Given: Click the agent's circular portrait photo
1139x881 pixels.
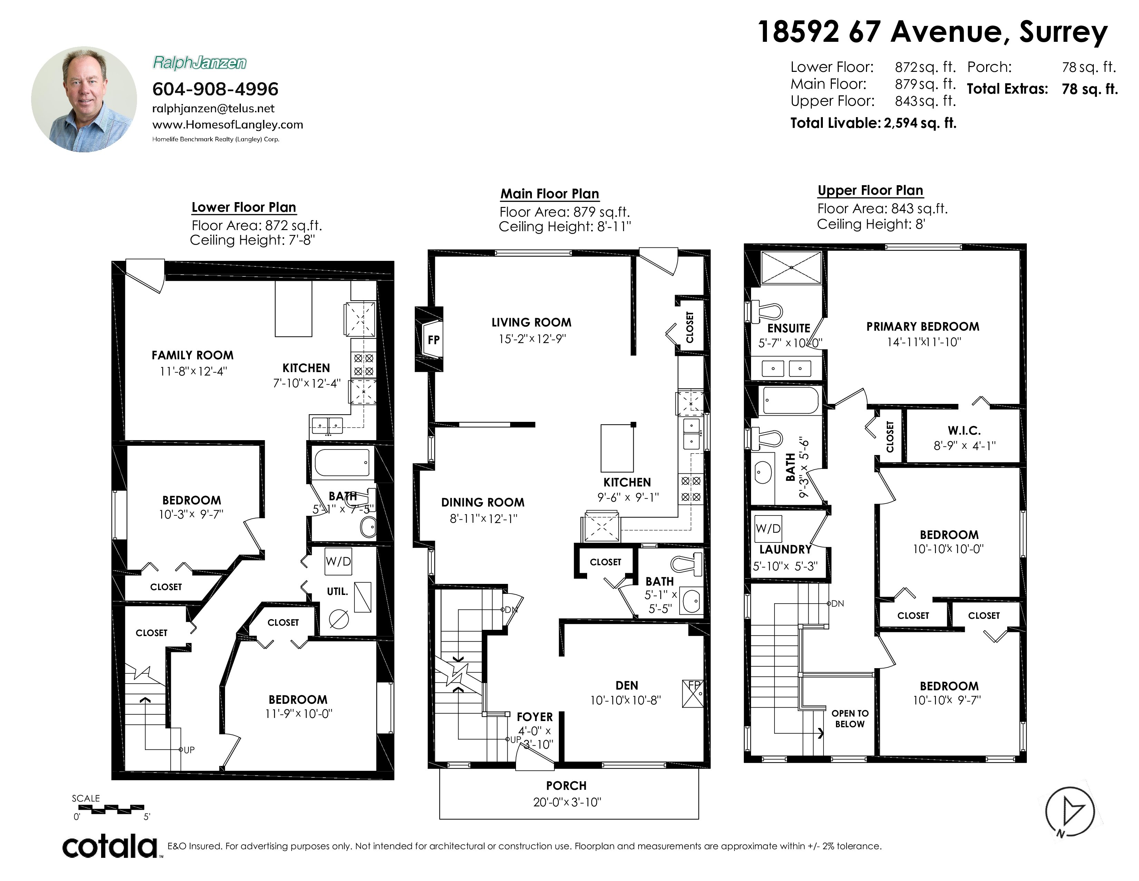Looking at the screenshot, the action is click(x=84, y=99).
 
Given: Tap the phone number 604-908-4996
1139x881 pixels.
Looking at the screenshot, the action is click(x=215, y=89).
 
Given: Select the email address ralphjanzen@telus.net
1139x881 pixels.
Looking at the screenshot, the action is click(x=213, y=108).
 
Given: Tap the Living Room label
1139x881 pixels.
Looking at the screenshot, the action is click(x=532, y=323).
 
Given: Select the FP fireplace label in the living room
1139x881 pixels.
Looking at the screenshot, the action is click(x=434, y=340).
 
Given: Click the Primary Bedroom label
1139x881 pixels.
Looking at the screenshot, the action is click(x=923, y=327).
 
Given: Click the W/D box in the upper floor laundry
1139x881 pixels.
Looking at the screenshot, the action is click(x=768, y=528).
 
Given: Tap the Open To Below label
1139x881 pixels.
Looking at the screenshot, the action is click(x=850, y=719).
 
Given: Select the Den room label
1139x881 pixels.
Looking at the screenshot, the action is click(x=626, y=685).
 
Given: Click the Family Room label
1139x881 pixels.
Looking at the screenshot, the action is click(x=193, y=356).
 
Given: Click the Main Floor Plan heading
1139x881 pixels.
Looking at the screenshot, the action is click(x=550, y=193).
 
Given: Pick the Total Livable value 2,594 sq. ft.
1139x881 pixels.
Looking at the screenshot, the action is click(x=920, y=123).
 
